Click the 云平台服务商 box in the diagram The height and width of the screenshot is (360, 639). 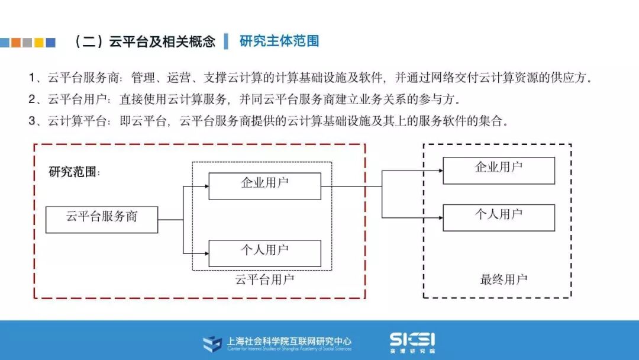(102, 219)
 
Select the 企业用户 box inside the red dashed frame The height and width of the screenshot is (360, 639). (264, 186)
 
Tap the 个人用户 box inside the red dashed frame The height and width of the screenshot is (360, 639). (264, 253)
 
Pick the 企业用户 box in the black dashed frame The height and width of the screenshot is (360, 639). (498, 170)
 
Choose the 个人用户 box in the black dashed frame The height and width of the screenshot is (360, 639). (498, 217)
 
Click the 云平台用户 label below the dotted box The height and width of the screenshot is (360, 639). (264, 279)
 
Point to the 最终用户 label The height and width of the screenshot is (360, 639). (503, 279)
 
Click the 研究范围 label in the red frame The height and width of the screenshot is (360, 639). (75, 172)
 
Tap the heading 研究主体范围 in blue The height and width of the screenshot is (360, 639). (279, 41)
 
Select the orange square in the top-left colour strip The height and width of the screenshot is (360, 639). (16, 43)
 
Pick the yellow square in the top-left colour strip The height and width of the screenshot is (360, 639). (39, 43)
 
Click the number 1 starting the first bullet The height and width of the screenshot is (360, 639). (32, 78)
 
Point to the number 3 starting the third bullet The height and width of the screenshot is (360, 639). (32, 121)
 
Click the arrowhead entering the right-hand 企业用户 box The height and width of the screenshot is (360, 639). (440, 171)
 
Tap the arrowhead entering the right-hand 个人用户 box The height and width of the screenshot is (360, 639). (440, 218)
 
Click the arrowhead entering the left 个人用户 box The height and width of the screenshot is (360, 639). (206, 253)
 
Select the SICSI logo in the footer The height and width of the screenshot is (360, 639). (412, 340)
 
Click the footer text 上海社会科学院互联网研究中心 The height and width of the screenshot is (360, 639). (289, 341)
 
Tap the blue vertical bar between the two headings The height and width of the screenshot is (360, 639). (226, 41)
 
